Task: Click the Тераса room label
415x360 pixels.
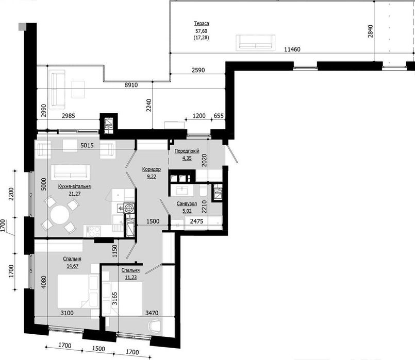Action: [x=202, y=23]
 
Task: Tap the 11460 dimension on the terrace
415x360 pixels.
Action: [x=292, y=49]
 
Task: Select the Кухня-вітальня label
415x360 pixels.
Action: [x=74, y=186]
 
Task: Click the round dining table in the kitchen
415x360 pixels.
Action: [x=60, y=214]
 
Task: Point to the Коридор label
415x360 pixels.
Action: [x=152, y=169]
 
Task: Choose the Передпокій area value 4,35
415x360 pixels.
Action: [x=187, y=158]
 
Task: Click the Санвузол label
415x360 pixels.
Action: [x=187, y=204]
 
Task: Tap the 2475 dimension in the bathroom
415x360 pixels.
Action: [x=196, y=221]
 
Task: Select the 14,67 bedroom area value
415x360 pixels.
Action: [x=72, y=266]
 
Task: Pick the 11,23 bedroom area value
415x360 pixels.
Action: [x=131, y=277]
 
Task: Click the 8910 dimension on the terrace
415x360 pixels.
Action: [x=131, y=85]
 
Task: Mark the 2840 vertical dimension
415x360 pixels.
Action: [x=370, y=31]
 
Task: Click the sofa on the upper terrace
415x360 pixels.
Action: [x=256, y=42]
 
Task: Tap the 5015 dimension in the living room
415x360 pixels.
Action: [x=87, y=145]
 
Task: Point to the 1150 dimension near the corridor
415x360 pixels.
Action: [x=114, y=251]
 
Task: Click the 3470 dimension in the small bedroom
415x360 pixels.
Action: [x=152, y=313]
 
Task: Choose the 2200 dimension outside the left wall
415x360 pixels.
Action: [x=11, y=194]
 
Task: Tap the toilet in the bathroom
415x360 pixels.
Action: [x=203, y=191]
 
